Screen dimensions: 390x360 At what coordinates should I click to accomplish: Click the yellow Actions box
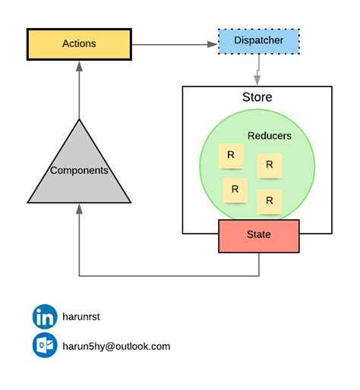[79, 44]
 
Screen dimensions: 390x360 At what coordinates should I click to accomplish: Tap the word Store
[257, 97]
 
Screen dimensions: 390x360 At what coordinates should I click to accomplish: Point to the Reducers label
[269, 136]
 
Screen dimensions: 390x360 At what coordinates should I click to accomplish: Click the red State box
[258, 235]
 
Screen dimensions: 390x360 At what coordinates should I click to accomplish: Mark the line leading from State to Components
[167, 275]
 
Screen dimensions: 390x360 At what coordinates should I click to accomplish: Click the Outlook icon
[45, 345]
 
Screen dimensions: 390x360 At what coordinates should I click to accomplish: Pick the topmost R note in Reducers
[230, 156]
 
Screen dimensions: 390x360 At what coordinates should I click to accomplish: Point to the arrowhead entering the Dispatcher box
[213, 44]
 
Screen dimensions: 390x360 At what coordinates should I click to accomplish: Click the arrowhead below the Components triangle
[79, 209]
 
